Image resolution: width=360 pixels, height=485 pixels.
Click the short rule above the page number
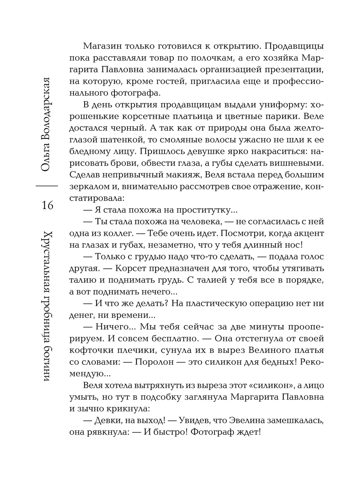(47, 185)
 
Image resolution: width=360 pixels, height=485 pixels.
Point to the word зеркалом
(91, 186)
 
